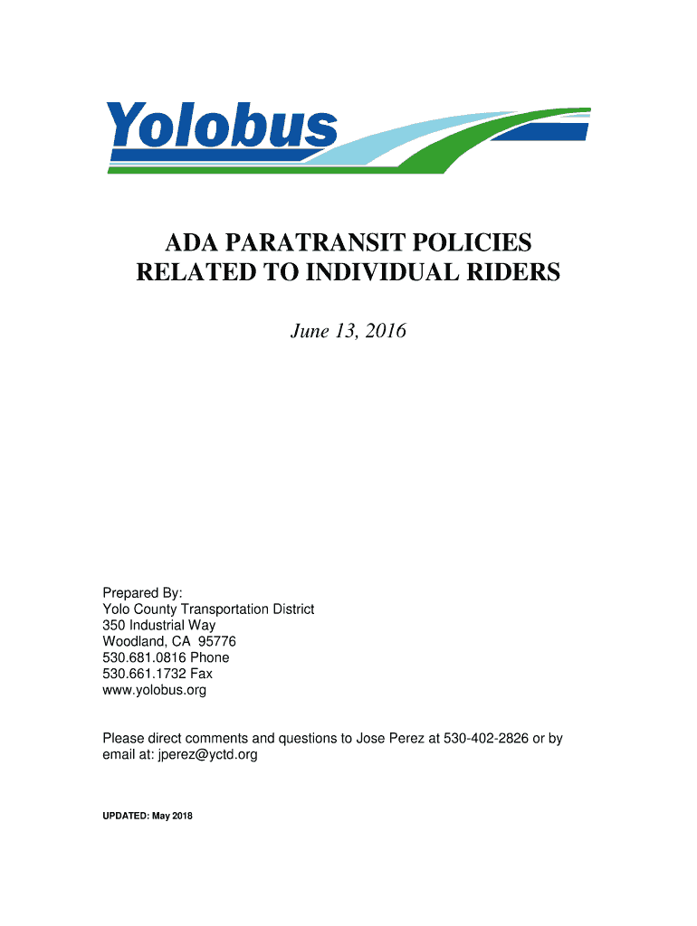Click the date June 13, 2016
pyautogui.click(x=348, y=332)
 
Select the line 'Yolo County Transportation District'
pyautogui.click(x=208, y=609)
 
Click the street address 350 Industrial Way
pyautogui.click(x=158, y=626)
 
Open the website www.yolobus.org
pyautogui.click(x=154, y=691)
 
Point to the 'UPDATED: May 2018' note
pyautogui.click(x=148, y=816)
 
